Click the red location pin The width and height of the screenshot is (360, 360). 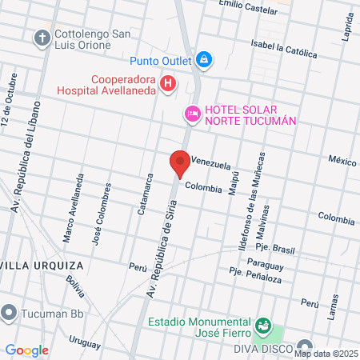[180, 163]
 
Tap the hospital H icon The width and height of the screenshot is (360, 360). [167, 82]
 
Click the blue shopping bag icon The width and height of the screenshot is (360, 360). [205, 59]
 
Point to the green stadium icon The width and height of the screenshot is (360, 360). [262, 326]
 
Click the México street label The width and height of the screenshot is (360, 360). [342, 161]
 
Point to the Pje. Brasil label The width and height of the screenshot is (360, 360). [278, 250]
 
